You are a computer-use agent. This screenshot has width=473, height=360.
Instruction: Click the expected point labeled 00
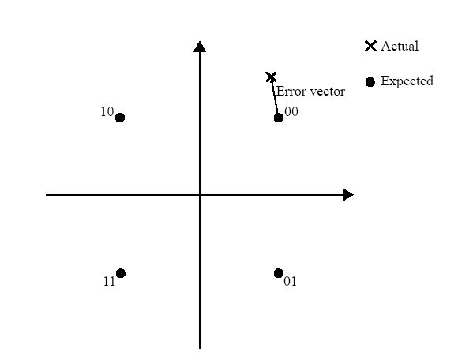click(279, 118)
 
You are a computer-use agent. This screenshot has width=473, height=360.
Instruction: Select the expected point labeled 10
click(120, 118)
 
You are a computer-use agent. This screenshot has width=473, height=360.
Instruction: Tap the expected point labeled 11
click(121, 273)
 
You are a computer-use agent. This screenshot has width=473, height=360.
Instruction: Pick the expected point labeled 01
click(279, 273)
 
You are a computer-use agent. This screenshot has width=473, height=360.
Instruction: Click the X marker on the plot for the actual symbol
click(271, 77)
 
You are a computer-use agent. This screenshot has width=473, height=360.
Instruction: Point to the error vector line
click(275, 97)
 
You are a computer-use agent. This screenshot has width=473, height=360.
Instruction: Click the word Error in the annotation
click(289, 92)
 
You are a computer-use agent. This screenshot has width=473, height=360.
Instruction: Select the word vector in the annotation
click(325, 92)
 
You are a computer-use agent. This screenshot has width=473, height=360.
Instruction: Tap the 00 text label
click(291, 111)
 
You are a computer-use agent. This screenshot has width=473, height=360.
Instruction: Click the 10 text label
click(107, 112)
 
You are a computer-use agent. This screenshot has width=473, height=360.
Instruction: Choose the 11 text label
click(109, 282)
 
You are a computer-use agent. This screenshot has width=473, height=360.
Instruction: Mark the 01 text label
click(290, 281)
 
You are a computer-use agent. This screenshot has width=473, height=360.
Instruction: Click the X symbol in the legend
click(370, 46)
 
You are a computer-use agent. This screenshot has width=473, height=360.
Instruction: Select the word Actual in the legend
click(400, 46)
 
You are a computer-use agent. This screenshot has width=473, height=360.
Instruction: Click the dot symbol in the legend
click(370, 81)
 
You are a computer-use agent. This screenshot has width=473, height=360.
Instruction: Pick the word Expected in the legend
click(407, 81)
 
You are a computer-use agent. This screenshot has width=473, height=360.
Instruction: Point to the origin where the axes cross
click(200, 195)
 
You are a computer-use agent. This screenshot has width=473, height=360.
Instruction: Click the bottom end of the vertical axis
click(200, 348)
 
